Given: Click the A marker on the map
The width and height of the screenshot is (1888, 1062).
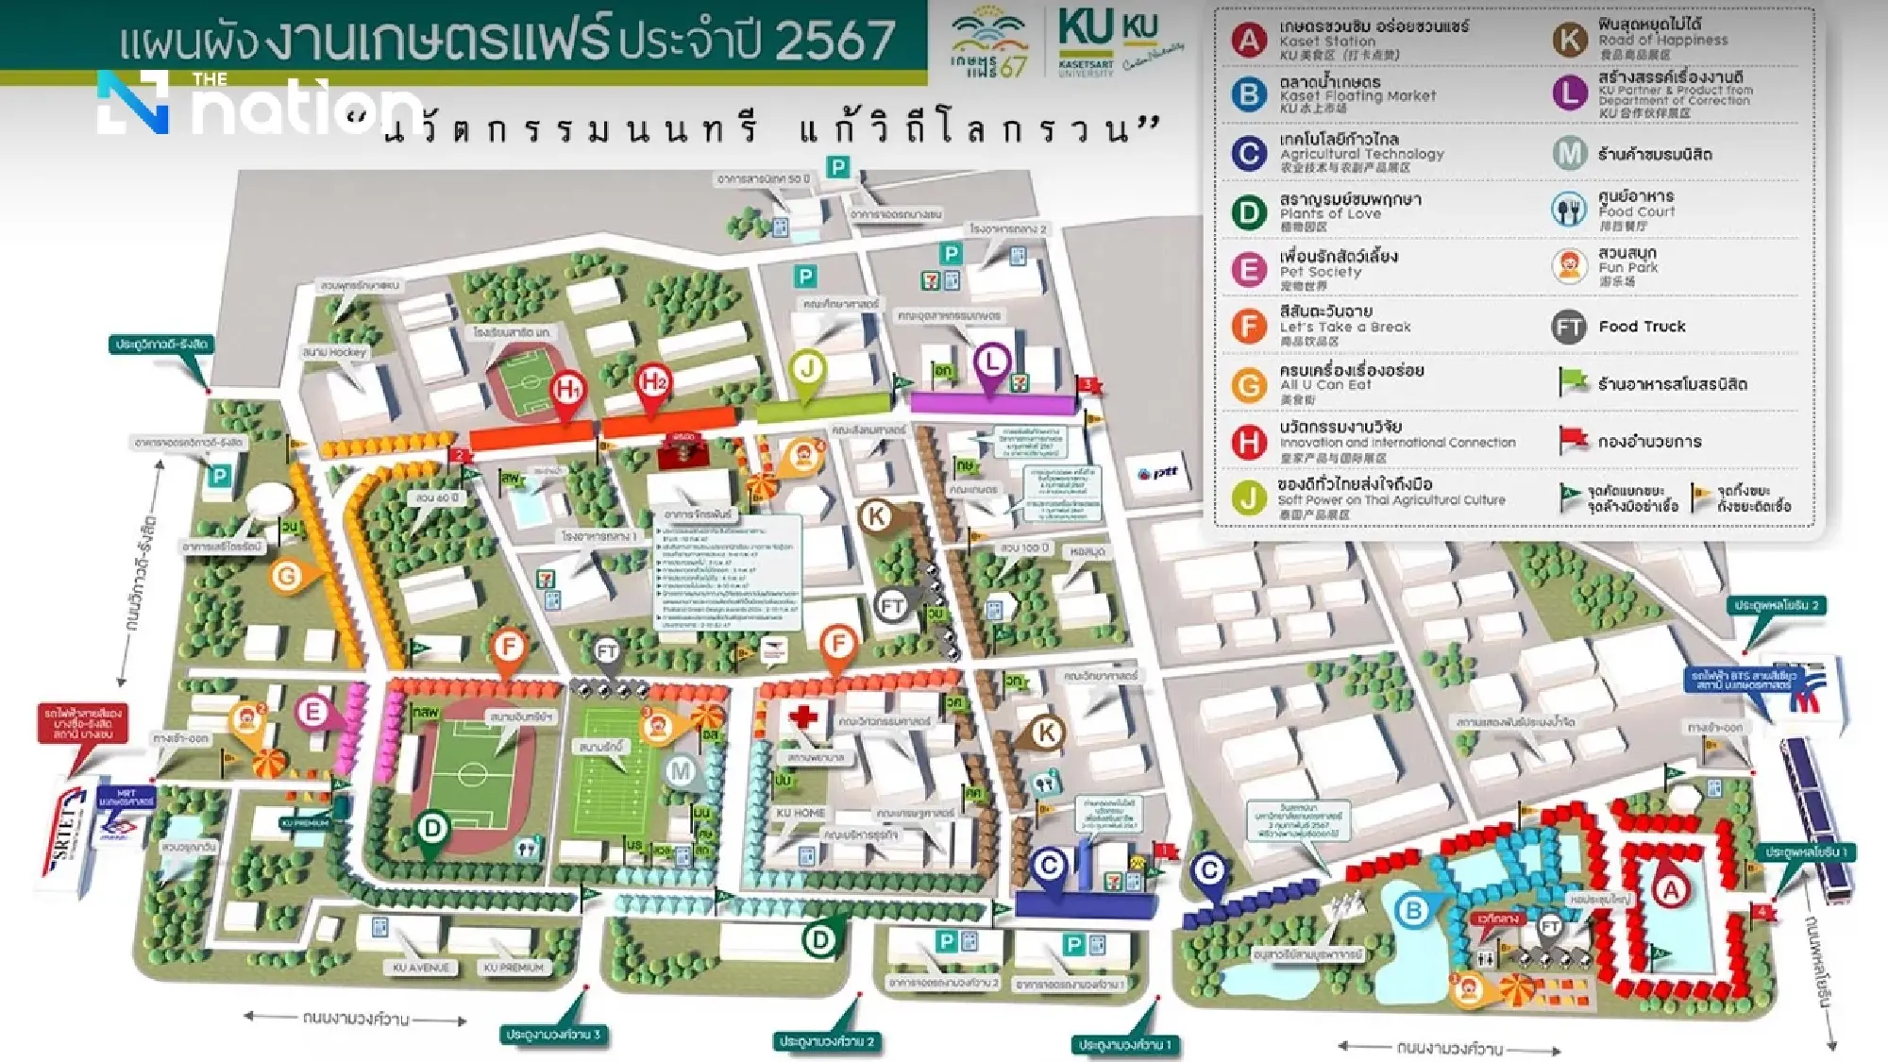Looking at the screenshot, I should click(x=1671, y=889).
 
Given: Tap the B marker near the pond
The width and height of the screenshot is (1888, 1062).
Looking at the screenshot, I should click(x=1413, y=910).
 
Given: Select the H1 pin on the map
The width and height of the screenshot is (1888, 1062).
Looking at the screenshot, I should click(x=567, y=388).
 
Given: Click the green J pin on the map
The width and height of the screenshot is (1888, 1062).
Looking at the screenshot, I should click(x=807, y=367).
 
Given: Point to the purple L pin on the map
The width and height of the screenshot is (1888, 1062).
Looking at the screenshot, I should click(x=991, y=362).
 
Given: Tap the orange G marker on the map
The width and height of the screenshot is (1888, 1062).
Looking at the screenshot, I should click(x=287, y=575).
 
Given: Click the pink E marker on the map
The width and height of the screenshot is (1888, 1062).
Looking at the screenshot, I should click(x=312, y=712).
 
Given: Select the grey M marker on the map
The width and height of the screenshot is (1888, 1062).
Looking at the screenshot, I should click(x=681, y=771).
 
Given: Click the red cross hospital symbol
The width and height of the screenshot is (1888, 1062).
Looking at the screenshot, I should click(x=803, y=716).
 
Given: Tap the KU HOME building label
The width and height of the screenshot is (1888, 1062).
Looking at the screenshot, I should click(x=801, y=813).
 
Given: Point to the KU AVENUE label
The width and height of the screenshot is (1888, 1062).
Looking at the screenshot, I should click(x=421, y=968).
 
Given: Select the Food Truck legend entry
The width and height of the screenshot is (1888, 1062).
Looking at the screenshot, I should click(x=1641, y=327).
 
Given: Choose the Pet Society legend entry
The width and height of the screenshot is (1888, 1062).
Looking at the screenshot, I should click(x=1320, y=271).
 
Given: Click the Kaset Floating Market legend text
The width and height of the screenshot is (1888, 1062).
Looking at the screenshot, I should click(x=1357, y=95).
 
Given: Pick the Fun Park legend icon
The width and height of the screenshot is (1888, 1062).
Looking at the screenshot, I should click(x=1569, y=267).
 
